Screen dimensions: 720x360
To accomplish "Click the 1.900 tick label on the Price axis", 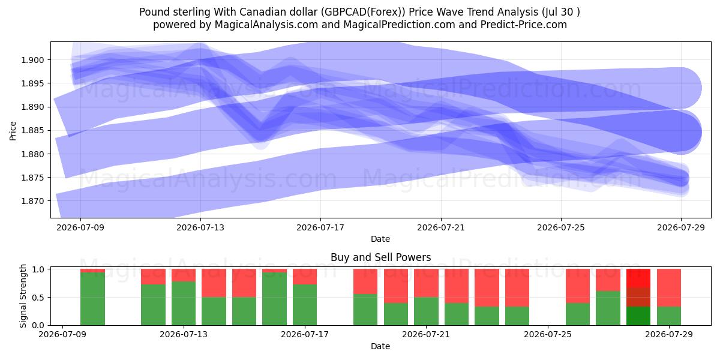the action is click(32, 60).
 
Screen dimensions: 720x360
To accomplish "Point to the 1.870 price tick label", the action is click(32, 201).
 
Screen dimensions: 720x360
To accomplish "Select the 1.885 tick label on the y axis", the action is click(32, 131).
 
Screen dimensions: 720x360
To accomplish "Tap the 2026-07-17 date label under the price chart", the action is click(320, 227).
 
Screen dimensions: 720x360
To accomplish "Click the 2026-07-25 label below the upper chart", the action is click(561, 227).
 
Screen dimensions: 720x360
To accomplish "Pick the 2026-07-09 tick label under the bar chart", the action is click(62, 335).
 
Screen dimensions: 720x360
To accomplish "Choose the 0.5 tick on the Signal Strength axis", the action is click(39, 298).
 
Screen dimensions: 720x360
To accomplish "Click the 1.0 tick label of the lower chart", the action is click(39, 269).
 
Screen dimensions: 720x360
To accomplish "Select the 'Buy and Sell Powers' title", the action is click(380, 257).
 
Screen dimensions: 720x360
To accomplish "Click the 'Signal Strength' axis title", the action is click(23, 296).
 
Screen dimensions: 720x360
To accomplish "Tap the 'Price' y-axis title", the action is click(13, 131).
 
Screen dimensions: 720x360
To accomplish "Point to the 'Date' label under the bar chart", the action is click(380, 347).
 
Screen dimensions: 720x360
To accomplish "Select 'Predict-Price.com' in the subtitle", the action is click(524, 25).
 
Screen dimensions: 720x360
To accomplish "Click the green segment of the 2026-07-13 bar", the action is click(184, 304).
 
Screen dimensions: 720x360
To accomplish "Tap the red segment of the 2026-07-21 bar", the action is click(426, 283).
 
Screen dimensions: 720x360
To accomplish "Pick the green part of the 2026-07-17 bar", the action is click(305, 305).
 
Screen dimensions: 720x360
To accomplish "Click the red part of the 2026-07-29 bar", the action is click(669, 288).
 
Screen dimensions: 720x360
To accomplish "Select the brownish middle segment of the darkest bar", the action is click(638, 297).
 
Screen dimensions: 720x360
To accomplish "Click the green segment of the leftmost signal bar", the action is click(92, 299).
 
